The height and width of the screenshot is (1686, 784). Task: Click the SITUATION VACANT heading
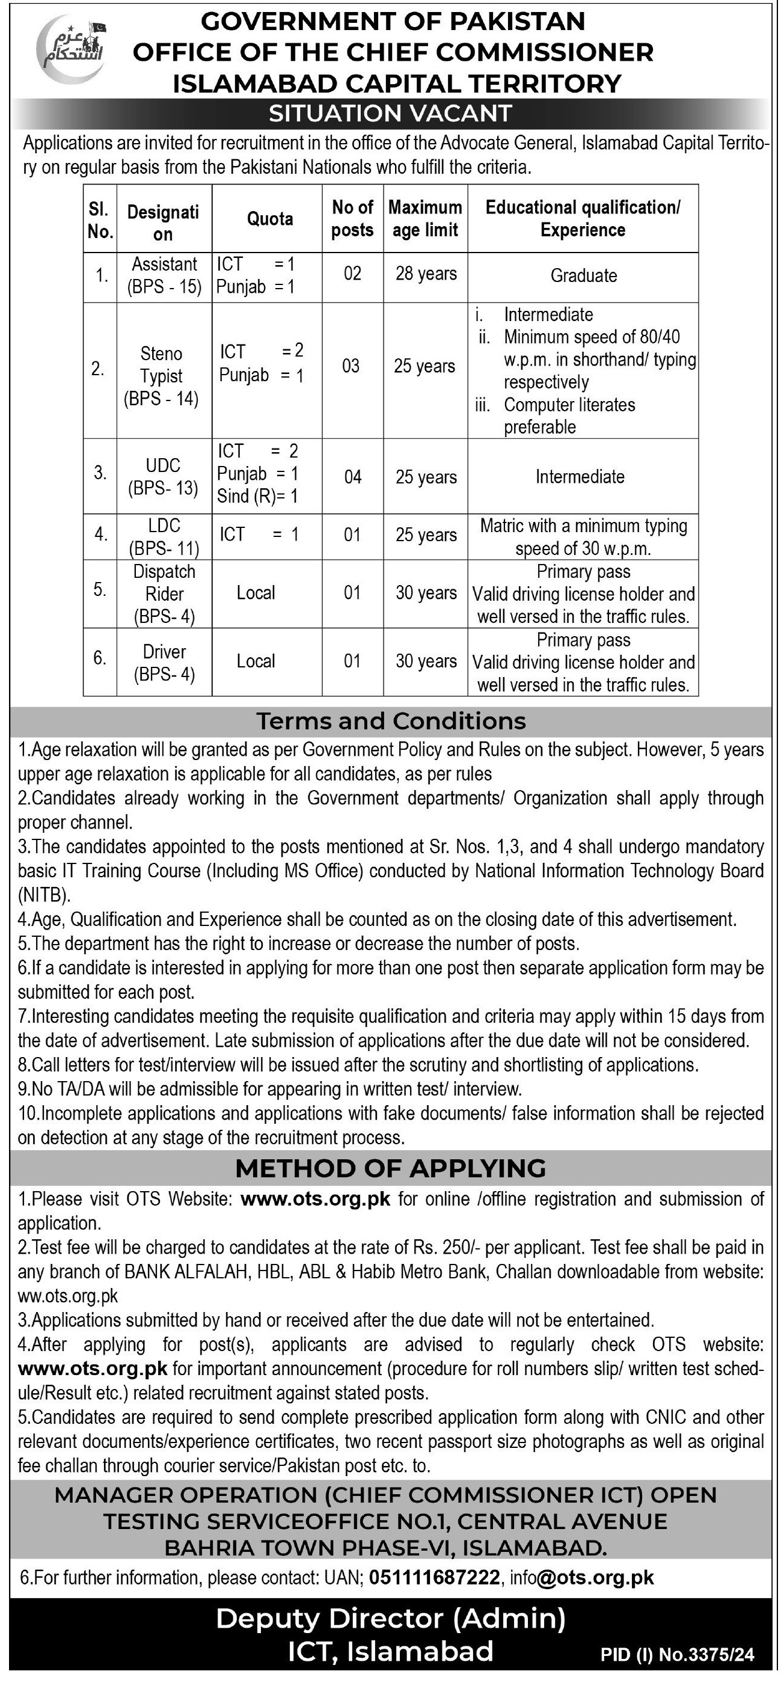pos(390,113)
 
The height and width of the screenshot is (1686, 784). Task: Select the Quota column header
pos(269,219)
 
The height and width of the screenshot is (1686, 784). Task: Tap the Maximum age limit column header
pos(426,219)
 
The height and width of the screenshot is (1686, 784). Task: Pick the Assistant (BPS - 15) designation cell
pos(164,275)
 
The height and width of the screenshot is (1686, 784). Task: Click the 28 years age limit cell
pos(426,274)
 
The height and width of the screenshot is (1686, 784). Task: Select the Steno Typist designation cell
pos(161,376)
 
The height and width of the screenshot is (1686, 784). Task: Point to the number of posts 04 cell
pos(353,476)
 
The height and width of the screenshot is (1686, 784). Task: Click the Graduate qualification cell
pos(583,275)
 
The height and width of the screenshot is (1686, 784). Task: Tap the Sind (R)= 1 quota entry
pos(257,496)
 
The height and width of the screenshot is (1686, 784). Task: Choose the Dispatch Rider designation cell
pos(164,593)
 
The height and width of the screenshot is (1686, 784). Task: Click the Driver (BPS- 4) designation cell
pos(164,663)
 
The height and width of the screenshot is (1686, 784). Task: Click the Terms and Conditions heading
pos(391,720)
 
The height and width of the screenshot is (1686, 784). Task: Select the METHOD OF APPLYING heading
pos(391,1168)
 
